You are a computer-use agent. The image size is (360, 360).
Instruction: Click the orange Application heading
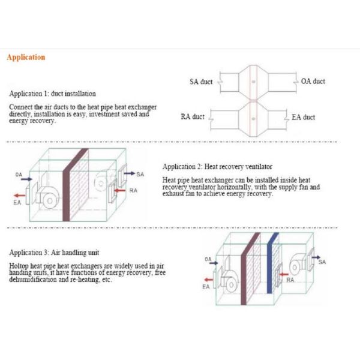26,58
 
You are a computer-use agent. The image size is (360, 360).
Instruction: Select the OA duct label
313,82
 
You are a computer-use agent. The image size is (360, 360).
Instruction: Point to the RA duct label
193,117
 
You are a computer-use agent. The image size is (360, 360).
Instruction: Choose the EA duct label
304,117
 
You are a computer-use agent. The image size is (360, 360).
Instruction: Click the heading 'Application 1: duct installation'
52,94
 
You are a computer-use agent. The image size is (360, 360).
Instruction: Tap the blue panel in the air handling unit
273,264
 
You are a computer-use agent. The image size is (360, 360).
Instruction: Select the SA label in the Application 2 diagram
140,174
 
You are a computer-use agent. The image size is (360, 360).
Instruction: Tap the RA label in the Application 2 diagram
134,190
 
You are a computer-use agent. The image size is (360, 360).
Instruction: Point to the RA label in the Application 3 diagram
290,280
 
